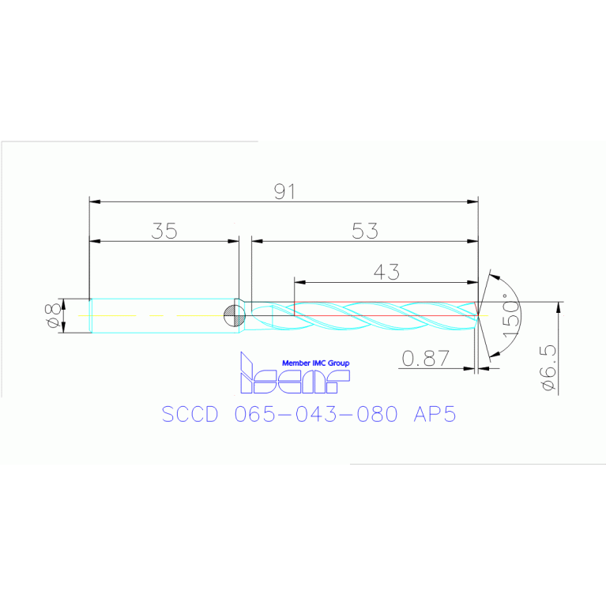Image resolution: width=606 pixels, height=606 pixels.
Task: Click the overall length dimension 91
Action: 284,192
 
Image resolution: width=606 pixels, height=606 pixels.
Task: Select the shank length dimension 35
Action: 165,231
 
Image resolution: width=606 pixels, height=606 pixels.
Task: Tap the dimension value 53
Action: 365,231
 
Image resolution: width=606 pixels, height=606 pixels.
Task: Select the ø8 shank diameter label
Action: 53,315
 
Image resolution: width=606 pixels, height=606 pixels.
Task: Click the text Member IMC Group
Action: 315,363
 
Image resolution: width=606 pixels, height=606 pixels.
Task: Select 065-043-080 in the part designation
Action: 316,415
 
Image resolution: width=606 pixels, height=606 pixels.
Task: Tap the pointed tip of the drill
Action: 477,315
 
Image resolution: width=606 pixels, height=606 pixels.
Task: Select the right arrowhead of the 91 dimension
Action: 473,202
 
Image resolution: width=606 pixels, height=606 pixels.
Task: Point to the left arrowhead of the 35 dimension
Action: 95,240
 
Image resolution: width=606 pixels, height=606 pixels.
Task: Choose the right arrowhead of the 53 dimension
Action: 473,240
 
